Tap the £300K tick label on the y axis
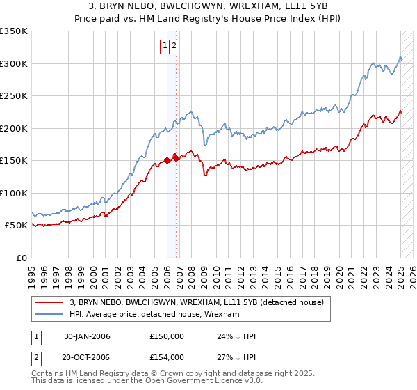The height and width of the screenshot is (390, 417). coord(15,63)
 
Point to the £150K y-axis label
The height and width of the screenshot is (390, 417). coord(15,161)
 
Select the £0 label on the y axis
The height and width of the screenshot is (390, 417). coord(22,258)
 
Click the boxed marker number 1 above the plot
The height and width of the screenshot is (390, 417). coord(165,47)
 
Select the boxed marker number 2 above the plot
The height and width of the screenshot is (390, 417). coord(174,47)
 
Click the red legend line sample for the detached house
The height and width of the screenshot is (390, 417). coord(49,302)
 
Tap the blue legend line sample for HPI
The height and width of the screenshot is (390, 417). coord(49,315)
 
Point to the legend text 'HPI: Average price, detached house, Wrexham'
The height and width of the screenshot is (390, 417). coord(154,315)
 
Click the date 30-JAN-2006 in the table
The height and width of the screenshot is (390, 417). coord(87,337)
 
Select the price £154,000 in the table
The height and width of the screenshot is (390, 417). coord(167,357)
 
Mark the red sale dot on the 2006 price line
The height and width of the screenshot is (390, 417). coord(167,160)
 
